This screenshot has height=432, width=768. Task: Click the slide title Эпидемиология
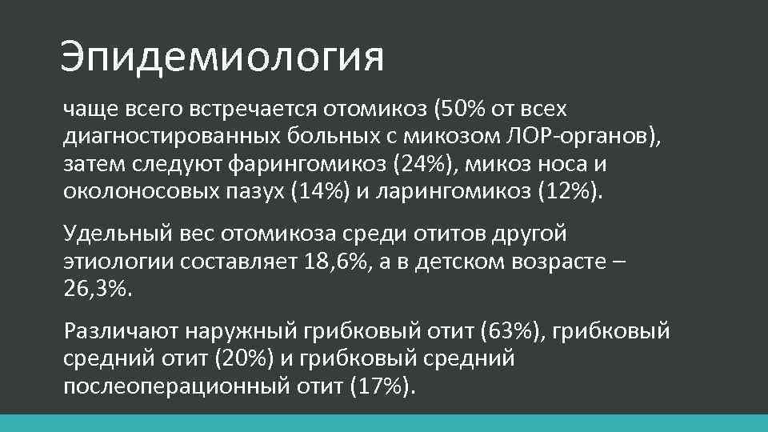coord(222,58)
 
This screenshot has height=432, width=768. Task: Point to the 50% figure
coord(465,108)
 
